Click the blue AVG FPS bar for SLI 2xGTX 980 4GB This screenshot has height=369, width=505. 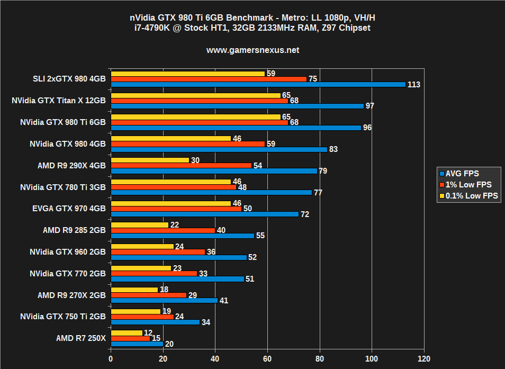point(258,84)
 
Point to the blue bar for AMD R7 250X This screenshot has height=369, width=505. point(137,344)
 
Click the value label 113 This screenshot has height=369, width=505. point(414,85)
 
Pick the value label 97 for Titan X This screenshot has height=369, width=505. point(370,106)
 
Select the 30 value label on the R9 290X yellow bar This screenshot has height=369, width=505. point(195,160)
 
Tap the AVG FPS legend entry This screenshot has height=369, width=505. point(463,173)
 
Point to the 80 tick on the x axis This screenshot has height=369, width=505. point(320,358)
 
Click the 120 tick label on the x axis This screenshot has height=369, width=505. point(424,358)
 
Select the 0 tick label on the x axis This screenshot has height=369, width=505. point(110,358)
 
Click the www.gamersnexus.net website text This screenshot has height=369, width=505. point(252,50)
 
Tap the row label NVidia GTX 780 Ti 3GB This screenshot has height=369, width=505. point(63,187)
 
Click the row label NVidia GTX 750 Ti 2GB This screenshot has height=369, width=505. point(63,317)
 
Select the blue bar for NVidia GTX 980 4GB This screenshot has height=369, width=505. point(219,149)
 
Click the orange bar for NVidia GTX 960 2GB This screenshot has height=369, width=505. point(158,252)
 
